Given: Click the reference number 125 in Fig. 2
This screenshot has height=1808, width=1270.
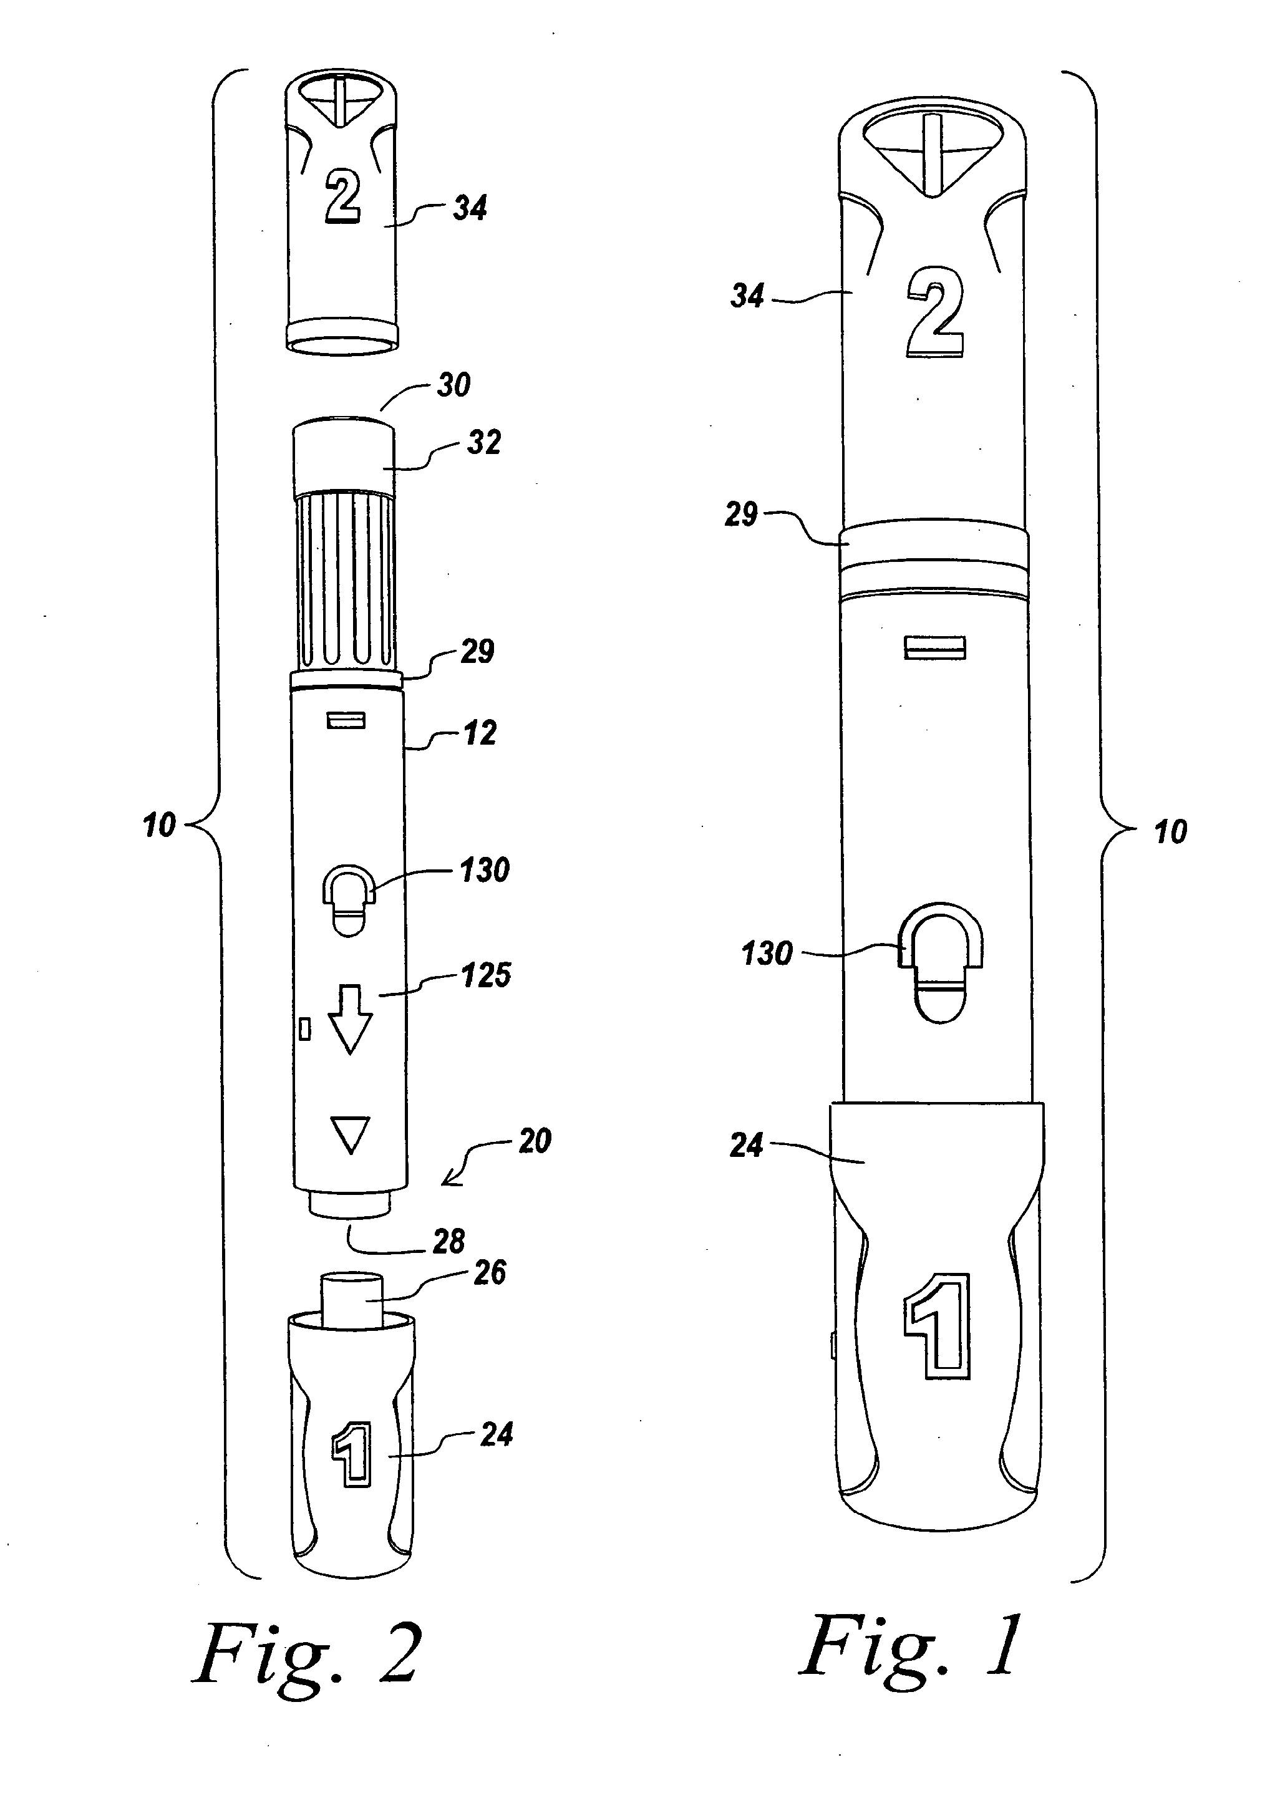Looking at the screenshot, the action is click(486, 975).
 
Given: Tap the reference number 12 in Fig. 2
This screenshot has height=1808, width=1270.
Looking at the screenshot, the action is click(480, 734).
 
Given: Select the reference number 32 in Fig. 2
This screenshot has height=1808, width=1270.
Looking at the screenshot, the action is click(484, 443).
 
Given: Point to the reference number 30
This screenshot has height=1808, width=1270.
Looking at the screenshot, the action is click(454, 385).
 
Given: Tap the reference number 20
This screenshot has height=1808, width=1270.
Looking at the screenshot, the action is click(535, 1142).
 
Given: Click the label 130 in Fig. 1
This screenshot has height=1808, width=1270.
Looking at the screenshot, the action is click(767, 954).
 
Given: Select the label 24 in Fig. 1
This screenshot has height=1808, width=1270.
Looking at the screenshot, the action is click(747, 1146).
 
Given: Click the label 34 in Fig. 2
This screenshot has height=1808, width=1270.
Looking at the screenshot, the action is click(470, 209).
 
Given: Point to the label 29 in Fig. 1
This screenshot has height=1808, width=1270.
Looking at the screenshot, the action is click(741, 515).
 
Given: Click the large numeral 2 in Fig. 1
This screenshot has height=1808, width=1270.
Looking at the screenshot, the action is click(936, 312).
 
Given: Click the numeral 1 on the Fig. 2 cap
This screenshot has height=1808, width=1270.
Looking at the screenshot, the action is click(351, 1454).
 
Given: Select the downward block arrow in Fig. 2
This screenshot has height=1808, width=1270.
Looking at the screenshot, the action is click(349, 1019).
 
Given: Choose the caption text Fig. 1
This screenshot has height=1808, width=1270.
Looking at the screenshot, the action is click(911, 1646).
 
